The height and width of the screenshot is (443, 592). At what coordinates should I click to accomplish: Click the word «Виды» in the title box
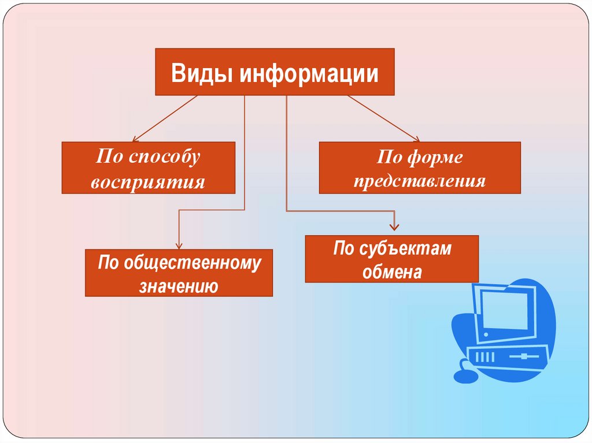pyautogui.click(x=201, y=73)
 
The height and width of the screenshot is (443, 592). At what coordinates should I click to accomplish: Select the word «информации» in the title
pyautogui.click(x=309, y=73)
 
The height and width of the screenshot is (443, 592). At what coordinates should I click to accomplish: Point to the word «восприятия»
pyautogui.click(x=147, y=183)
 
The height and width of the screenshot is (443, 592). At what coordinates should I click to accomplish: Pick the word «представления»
pyautogui.click(x=420, y=181)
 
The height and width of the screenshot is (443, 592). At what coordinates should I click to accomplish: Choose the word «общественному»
pyautogui.click(x=192, y=263)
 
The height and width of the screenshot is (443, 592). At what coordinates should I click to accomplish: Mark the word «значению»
pyautogui.click(x=179, y=286)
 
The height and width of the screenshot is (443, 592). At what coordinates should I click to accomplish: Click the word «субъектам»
pyautogui.click(x=405, y=249)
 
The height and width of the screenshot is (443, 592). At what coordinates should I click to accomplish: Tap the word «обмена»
pyautogui.click(x=392, y=271)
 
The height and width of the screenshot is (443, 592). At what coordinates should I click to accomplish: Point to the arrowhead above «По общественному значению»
pyautogui.click(x=179, y=245)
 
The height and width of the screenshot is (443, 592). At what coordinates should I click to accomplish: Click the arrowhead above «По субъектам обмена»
pyautogui.click(x=394, y=227)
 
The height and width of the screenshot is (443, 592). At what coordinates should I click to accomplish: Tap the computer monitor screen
pyautogui.click(x=505, y=311)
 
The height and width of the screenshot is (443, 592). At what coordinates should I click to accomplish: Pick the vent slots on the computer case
pyautogui.click(x=485, y=356)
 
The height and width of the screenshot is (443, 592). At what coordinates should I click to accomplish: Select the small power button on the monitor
pyautogui.click(x=486, y=334)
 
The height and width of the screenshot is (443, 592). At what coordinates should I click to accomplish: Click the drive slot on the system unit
pyautogui.click(x=523, y=356)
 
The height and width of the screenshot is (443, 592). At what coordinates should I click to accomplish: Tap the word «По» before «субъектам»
pyautogui.click(x=343, y=248)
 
